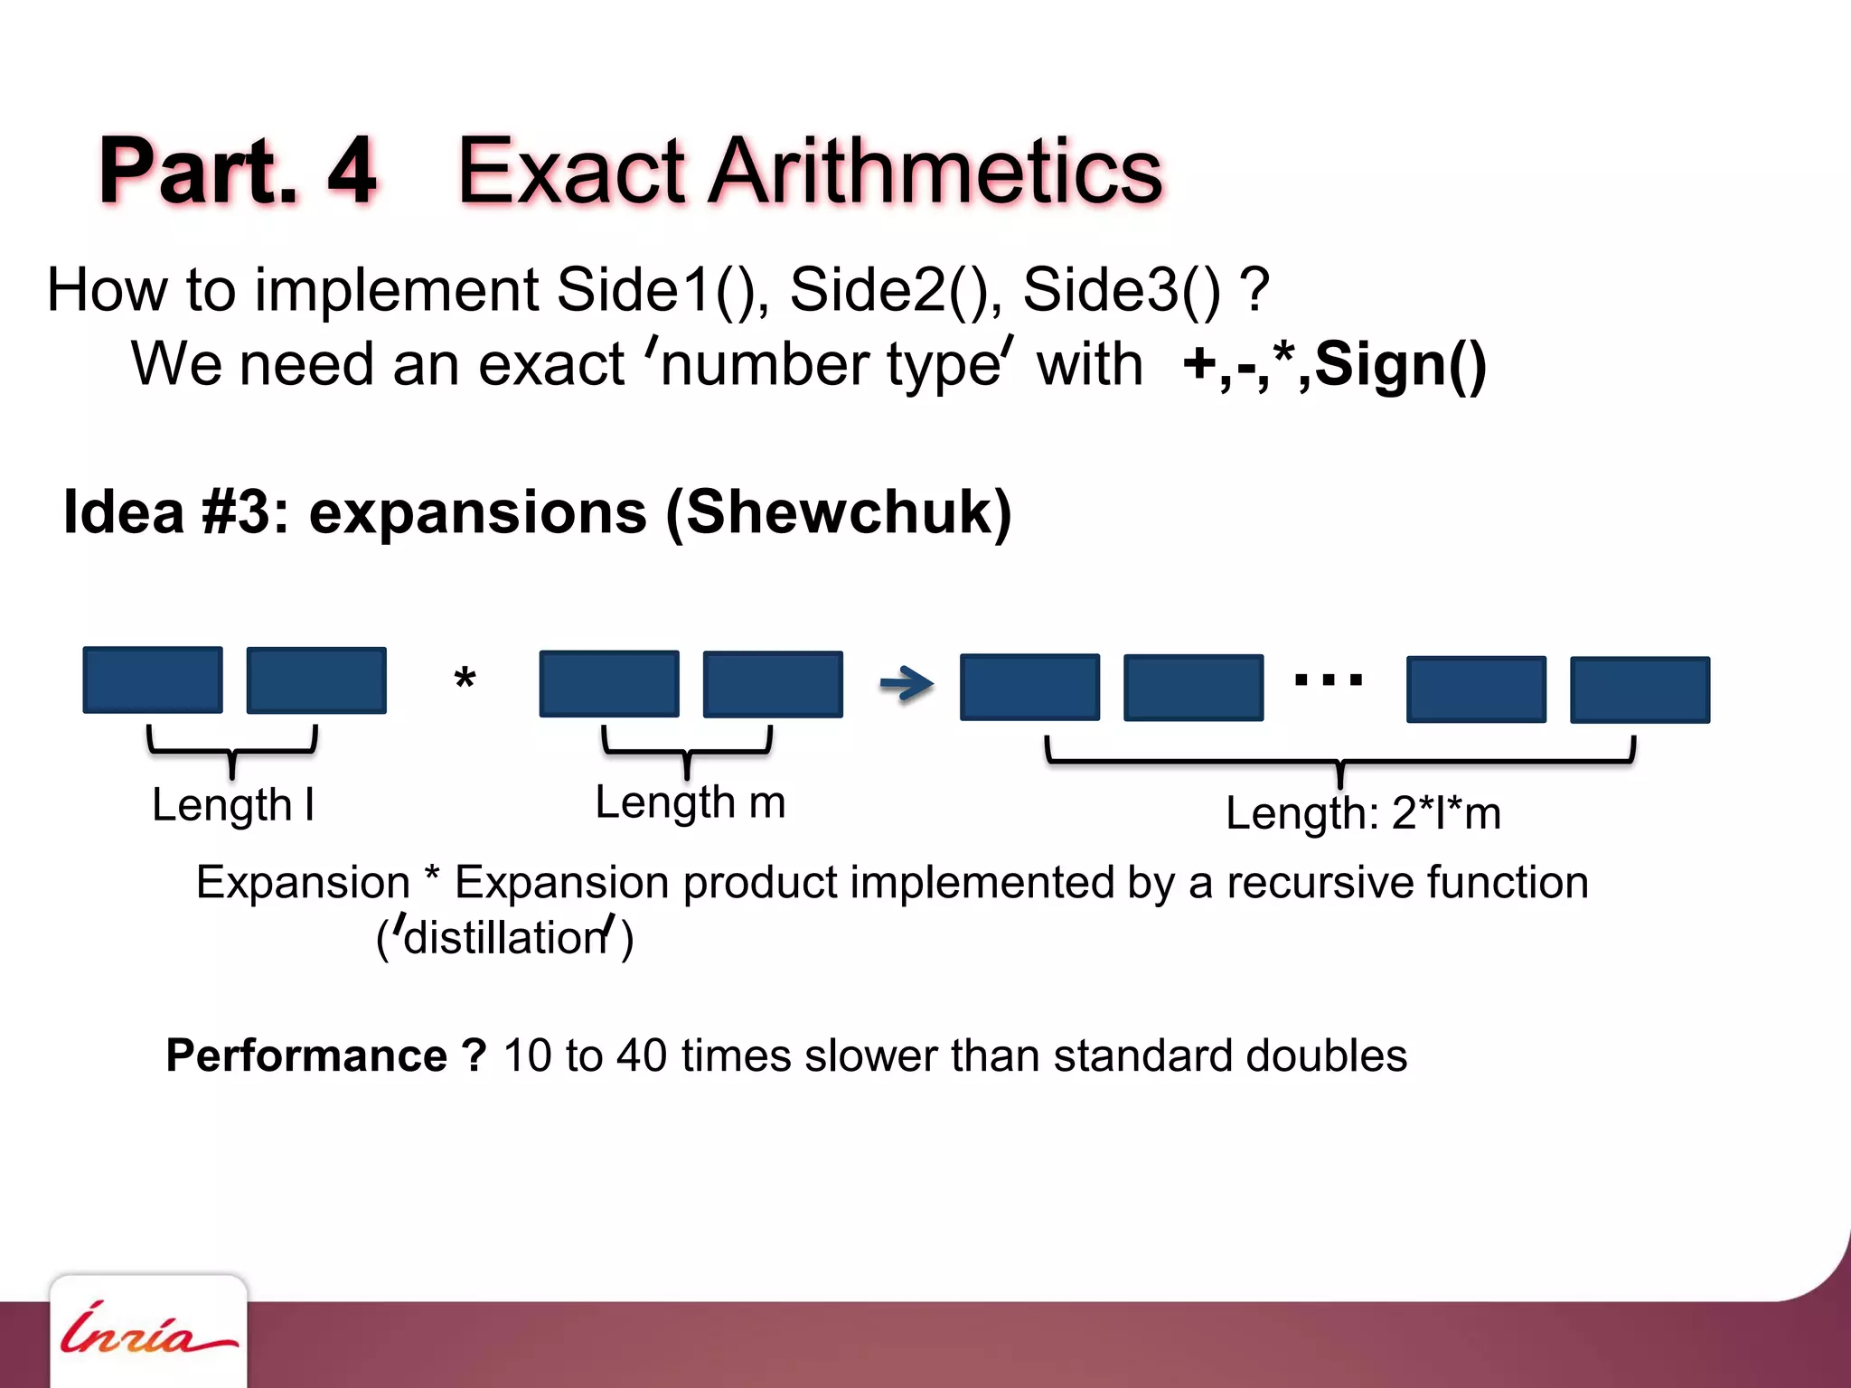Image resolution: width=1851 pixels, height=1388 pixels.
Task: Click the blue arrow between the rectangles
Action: [x=907, y=683]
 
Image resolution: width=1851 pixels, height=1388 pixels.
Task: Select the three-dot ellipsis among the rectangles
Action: [x=1328, y=680]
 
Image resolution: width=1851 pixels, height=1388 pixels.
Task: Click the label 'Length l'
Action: [x=232, y=805]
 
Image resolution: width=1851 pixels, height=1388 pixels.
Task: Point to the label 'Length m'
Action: [x=691, y=802]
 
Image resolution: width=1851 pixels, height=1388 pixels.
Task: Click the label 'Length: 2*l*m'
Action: [x=1363, y=813]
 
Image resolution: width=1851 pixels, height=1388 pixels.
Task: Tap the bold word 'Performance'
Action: [x=306, y=1055]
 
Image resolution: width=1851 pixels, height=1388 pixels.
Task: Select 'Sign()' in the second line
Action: [x=1400, y=364]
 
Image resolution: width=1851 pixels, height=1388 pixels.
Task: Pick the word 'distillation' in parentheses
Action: [x=505, y=938]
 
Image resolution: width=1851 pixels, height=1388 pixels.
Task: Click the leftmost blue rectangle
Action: [x=153, y=680]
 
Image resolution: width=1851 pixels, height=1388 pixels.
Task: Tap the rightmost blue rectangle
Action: [x=1640, y=689]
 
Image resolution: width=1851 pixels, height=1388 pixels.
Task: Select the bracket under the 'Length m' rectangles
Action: [x=687, y=749]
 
